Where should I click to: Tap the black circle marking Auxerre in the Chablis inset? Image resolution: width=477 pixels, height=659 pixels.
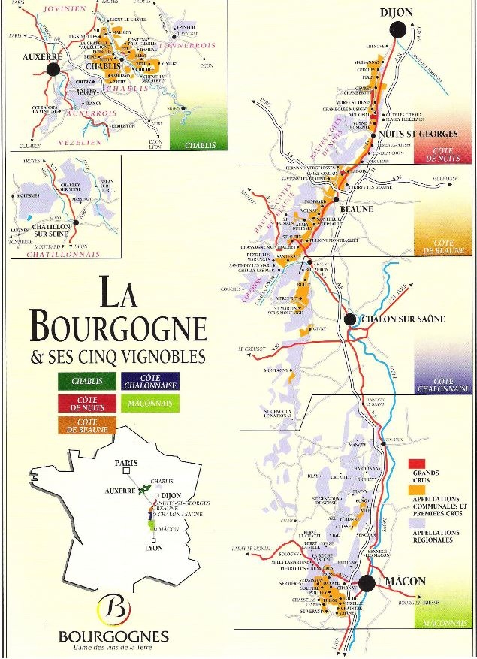click(x=53, y=69)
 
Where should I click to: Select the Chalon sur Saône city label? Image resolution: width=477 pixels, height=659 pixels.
click(x=406, y=319)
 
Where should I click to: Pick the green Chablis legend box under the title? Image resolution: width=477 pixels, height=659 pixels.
click(x=87, y=381)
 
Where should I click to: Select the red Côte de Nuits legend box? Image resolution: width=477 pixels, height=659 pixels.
click(x=87, y=404)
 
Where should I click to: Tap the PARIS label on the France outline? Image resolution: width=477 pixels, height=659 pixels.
click(x=128, y=463)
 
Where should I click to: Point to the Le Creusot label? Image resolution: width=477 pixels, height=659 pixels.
click(x=253, y=349)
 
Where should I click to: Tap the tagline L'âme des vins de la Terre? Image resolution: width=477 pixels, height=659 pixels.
click(x=113, y=648)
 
